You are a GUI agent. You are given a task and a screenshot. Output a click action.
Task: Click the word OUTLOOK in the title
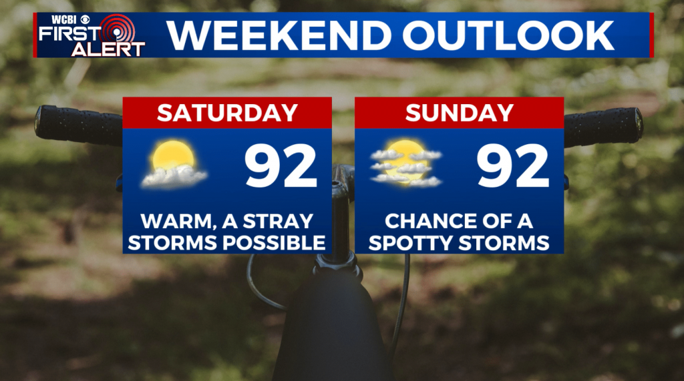(x=508, y=35)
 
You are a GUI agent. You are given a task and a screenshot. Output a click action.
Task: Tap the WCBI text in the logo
(x=65, y=19)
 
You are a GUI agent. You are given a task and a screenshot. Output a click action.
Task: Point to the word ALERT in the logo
(x=108, y=49)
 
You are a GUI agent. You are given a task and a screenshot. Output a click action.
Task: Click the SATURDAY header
(x=227, y=113)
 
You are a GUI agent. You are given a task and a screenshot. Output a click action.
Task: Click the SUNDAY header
(x=460, y=113)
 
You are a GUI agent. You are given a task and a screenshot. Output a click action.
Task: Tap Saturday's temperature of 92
(x=281, y=166)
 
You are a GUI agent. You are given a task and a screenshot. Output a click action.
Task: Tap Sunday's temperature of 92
(x=512, y=166)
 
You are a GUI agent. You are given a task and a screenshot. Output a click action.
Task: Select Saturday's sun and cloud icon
(x=174, y=164)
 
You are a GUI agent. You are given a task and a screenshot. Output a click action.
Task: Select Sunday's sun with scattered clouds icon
(x=405, y=163)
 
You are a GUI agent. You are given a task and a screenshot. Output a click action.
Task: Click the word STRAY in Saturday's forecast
(x=278, y=221)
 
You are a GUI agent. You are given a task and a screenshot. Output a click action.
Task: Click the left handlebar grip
(x=79, y=125)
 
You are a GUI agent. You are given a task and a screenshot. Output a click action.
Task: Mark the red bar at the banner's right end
(x=652, y=35)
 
